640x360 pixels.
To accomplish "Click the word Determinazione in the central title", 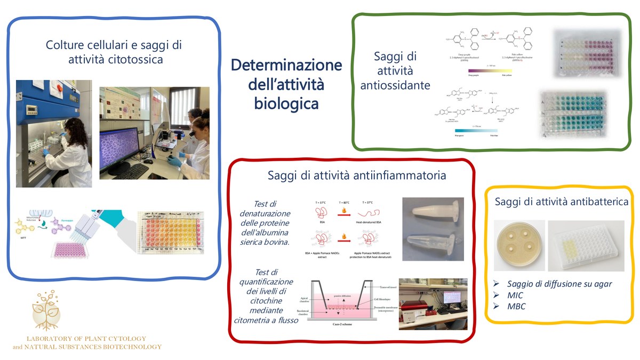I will (286, 66).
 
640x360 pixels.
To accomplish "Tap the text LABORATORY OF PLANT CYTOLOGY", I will (86, 339).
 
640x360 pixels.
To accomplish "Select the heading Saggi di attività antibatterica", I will (561, 202).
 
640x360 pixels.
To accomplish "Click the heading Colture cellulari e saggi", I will (115, 45).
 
